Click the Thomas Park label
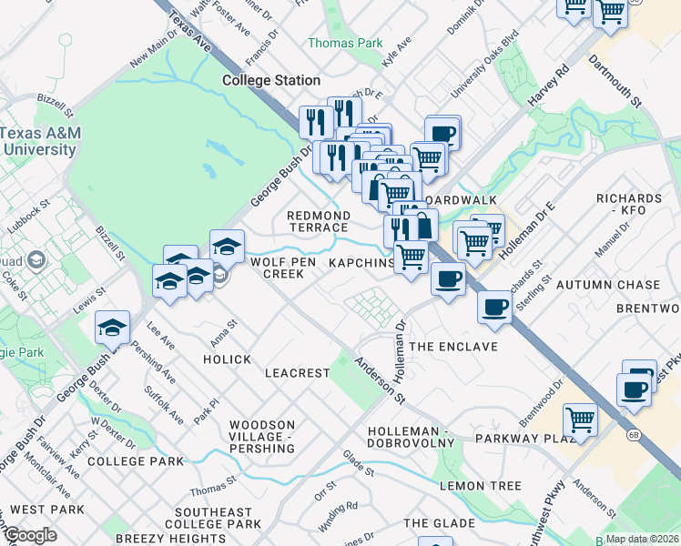[x=345, y=43]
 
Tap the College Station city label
[x=271, y=81]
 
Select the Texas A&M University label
[x=40, y=141]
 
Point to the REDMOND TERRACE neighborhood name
[x=319, y=221]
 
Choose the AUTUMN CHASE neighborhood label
[x=609, y=285]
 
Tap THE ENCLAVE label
[x=453, y=347]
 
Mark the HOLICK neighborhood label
[x=227, y=359]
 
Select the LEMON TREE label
[x=480, y=486]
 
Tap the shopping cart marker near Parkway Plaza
[x=580, y=420]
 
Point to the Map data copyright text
[x=642, y=539]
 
